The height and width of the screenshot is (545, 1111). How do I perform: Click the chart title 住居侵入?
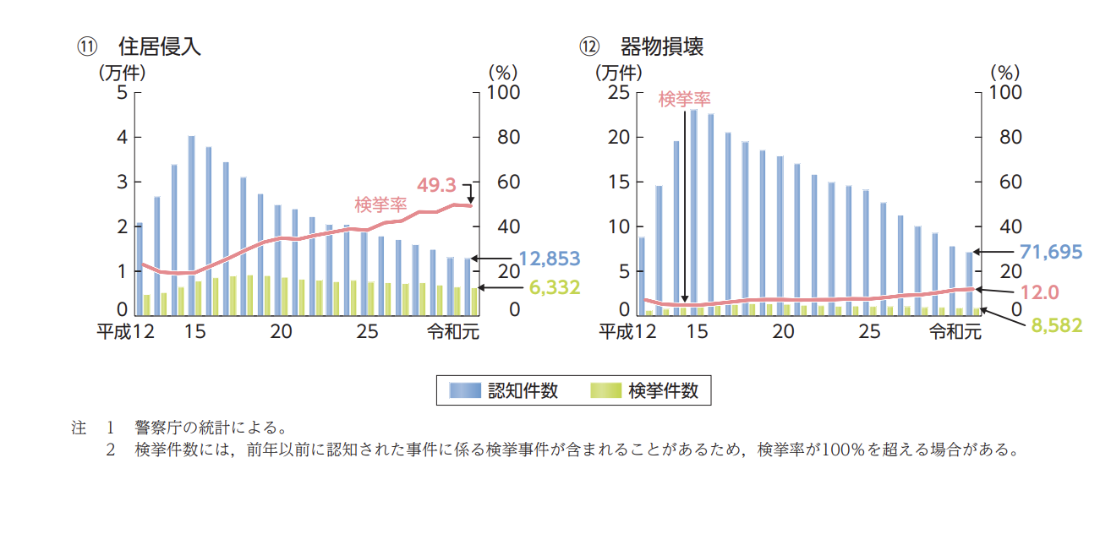160,46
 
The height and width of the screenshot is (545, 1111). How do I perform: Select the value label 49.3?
436,184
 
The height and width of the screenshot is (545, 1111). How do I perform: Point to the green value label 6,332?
554,288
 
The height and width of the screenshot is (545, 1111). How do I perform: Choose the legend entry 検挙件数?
663,390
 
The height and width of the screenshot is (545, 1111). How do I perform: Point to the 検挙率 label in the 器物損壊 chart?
684,100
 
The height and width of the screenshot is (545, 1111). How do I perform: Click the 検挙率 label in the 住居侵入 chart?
380,204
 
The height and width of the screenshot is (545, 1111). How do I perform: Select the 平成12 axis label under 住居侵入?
124,332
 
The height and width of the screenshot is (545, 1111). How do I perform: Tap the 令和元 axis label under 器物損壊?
955,332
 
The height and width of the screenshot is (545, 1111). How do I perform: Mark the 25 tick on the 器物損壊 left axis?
621,92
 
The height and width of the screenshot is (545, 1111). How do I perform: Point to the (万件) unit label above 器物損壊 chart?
621,73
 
